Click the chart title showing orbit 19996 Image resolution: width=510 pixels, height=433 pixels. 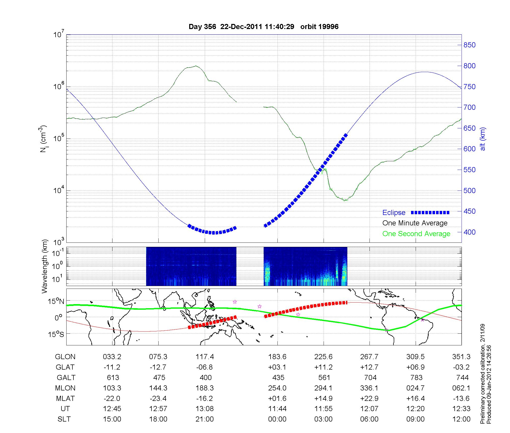(263, 27)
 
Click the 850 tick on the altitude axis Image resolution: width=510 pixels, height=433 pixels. (469, 45)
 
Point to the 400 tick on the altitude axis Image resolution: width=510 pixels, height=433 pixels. (469, 232)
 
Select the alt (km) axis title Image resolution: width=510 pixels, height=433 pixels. (483, 139)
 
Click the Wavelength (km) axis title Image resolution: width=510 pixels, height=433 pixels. (45, 266)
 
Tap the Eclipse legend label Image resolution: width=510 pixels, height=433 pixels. (394, 213)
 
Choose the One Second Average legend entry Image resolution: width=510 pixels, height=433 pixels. (416, 234)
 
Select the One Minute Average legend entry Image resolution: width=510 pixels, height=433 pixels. (415, 223)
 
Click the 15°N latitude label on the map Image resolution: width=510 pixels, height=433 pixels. (57, 302)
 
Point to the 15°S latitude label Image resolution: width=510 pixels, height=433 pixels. (57, 334)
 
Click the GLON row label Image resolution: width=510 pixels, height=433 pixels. (65, 357)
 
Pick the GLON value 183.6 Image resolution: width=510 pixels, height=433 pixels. (277, 357)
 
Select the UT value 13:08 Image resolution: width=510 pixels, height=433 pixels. (205, 409)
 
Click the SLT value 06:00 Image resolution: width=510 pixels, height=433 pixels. (369, 419)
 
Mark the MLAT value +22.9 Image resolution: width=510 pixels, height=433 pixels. (369, 398)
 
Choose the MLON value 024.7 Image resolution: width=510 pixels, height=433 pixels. (415, 388)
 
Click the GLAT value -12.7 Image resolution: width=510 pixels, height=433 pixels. (158, 367)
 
